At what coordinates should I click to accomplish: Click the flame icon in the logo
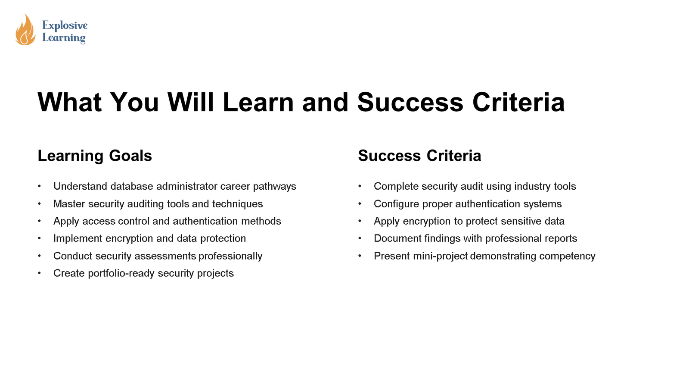(x=25, y=30)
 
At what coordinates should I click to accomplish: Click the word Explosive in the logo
(x=65, y=25)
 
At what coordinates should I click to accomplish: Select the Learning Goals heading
(x=95, y=156)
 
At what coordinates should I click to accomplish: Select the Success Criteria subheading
(x=419, y=156)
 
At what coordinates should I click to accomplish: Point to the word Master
(x=69, y=204)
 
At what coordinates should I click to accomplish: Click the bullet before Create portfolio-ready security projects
(x=40, y=273)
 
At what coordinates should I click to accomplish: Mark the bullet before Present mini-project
(x=360, y=256)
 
